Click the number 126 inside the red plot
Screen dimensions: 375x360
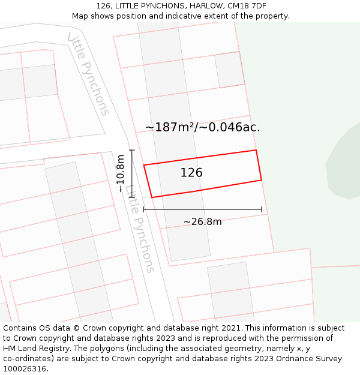[x=191, y=173]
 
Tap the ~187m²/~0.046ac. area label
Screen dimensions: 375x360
[x=203, y=127]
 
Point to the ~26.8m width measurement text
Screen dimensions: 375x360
[x=202, y=222]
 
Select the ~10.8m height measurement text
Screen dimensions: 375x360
[x=121, y=173]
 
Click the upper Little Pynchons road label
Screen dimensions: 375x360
[x=89, y=74]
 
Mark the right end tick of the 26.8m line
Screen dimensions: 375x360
[x=262, y=209]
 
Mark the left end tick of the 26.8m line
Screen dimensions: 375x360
[x=144, y=209]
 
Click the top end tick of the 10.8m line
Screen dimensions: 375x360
[x=132, y=150]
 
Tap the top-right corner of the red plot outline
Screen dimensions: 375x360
[x=256, y=150]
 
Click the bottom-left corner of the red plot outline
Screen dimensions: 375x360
[x=152, y=197]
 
